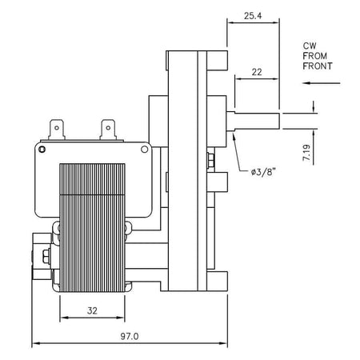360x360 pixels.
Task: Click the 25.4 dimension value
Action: coord(253,16)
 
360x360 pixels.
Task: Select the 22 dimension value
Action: coord(257,72)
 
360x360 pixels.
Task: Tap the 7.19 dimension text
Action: coord(307,153)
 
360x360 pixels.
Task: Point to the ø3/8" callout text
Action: coord(263,172)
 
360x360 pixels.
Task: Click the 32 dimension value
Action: coord(92,310)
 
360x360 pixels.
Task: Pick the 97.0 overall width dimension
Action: coord(130,336)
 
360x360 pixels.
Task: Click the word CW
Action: coord(310,46)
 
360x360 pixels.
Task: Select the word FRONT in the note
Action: coord(318,66)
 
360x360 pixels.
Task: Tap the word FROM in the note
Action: coord(315,56)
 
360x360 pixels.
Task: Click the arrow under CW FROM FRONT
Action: coord(321,83)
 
